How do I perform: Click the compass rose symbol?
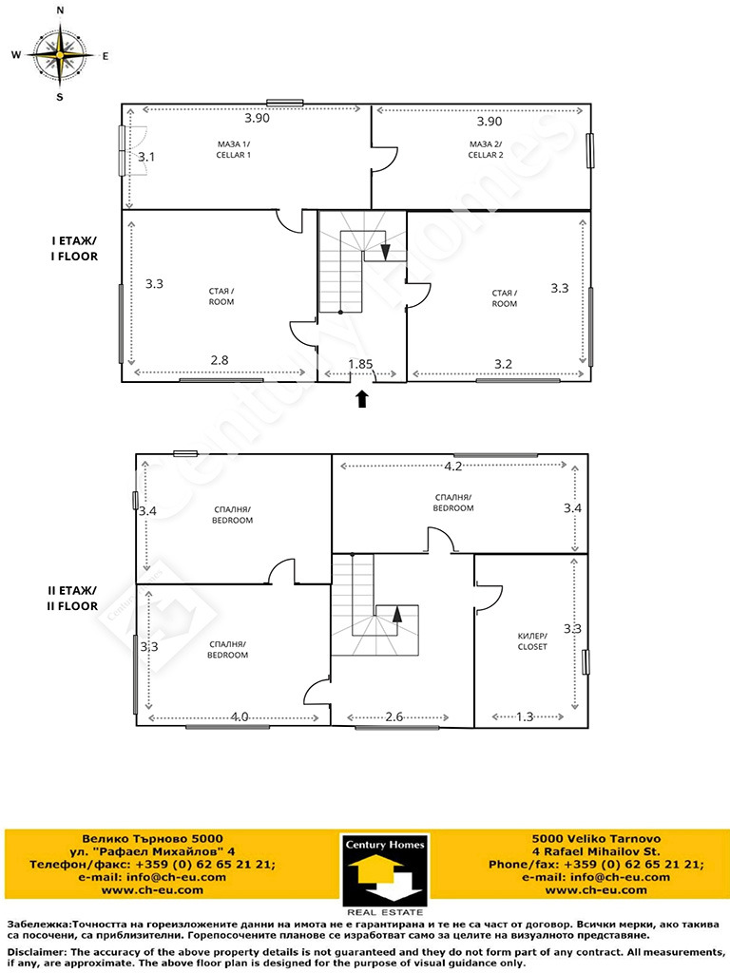(x=60, y=54)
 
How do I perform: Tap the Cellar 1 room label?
(x=234, y=149)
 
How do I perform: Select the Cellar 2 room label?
(x=486, y=149)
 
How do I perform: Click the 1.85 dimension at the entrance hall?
(x=360, y=364)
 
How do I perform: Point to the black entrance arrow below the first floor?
(x=362, y=398)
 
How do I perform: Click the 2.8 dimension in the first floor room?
(x=220, y=360)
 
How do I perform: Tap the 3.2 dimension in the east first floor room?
(x=503, y=364)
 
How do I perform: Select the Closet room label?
(x=532, y=641)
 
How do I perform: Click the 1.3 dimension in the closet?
(x=525, y=716)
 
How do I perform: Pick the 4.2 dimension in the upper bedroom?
(x=453, y=466)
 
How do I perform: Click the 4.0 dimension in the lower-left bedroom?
(x=240, y=716)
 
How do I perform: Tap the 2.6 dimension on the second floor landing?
(x=394, y=716)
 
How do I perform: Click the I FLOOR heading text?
(x=74, y=257)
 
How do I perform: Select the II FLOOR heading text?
(x=72, y=606)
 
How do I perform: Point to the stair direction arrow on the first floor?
(x=386, y=251)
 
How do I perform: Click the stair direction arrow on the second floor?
(x=397, y=614)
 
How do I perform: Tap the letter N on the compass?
(x=60, y=10)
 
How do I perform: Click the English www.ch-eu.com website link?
(x=596, y=889)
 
